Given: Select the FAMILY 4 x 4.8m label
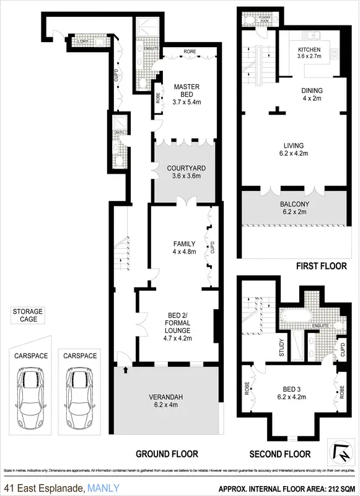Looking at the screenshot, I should click(183, 247).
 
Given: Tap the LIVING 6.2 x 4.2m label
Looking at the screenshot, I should click(294, 150).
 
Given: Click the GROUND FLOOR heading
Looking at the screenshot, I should click(167, 454).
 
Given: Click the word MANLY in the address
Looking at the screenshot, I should click(103, 487).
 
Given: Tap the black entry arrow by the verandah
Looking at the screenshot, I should click(126, 370).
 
